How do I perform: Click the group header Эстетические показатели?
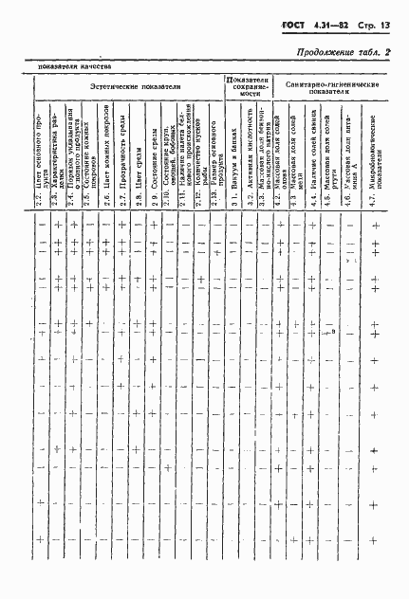pos(127,85)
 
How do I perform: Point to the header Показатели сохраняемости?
pos(248,86)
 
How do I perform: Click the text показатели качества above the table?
pos(75,67)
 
